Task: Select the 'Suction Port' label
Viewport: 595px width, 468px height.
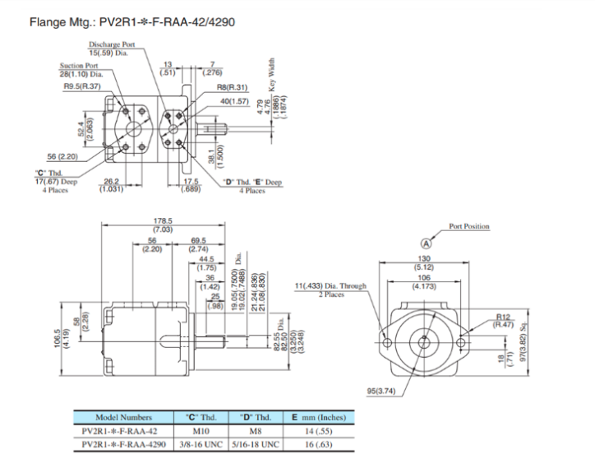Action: pos(78,67)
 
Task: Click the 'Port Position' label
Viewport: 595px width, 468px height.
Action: pos(468,225)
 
